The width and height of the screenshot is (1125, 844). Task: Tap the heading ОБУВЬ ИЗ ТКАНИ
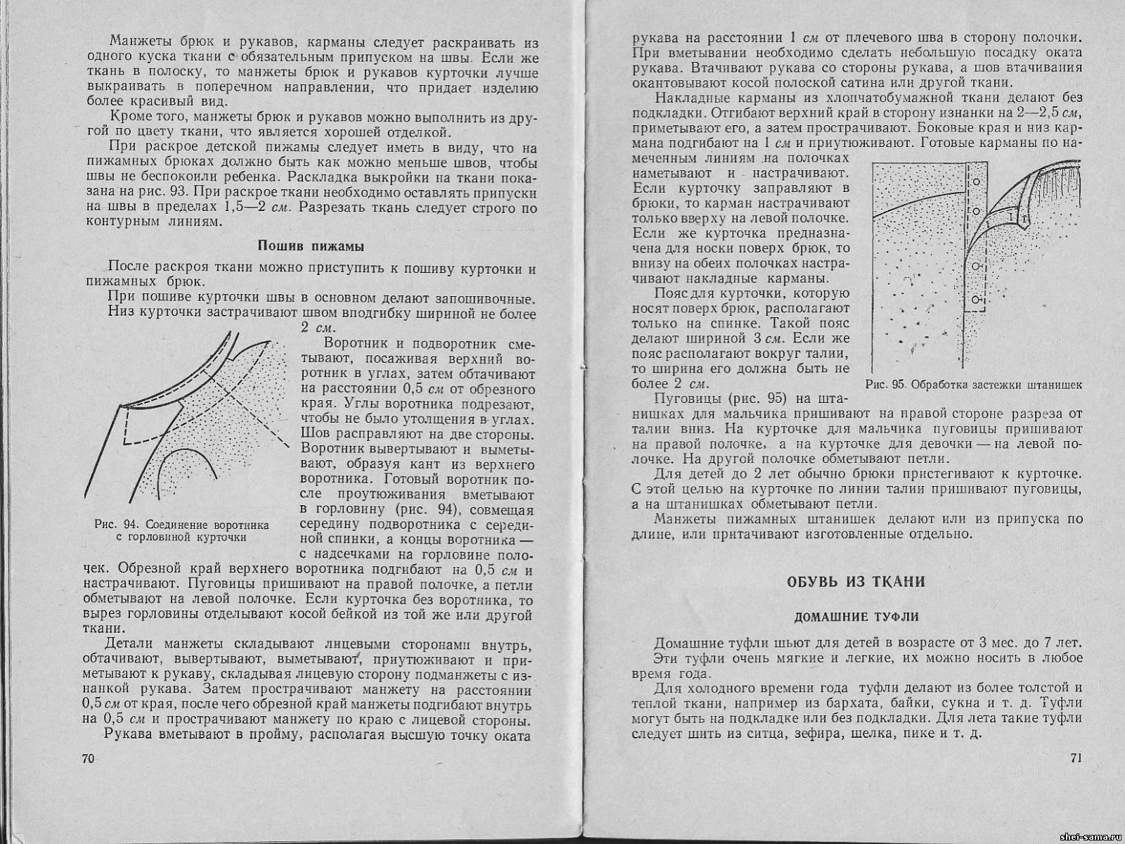[x=854, y=582]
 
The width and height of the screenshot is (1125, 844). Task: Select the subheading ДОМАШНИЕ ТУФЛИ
[x=856, y=617]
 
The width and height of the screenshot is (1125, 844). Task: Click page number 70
[x=88, y=758]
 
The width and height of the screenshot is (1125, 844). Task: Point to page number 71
[x=1075, y=757]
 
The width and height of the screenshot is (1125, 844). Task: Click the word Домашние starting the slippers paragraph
[x=687, y=643]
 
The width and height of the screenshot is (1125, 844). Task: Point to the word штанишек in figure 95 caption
[x=1054, y=385]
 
